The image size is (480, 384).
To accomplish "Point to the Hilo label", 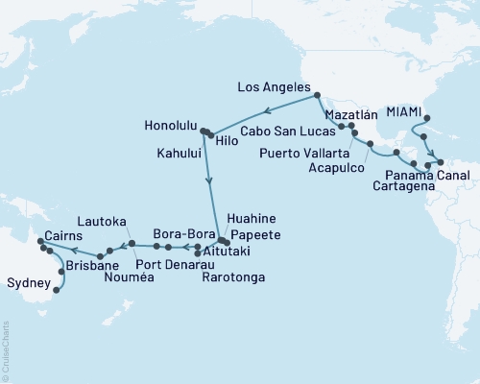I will click(228, 140).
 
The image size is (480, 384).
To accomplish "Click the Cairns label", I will click(62, 235).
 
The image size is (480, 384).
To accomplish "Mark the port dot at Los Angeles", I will click(316, 94).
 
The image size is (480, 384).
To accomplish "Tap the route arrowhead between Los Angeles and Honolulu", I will click(266, 110).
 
